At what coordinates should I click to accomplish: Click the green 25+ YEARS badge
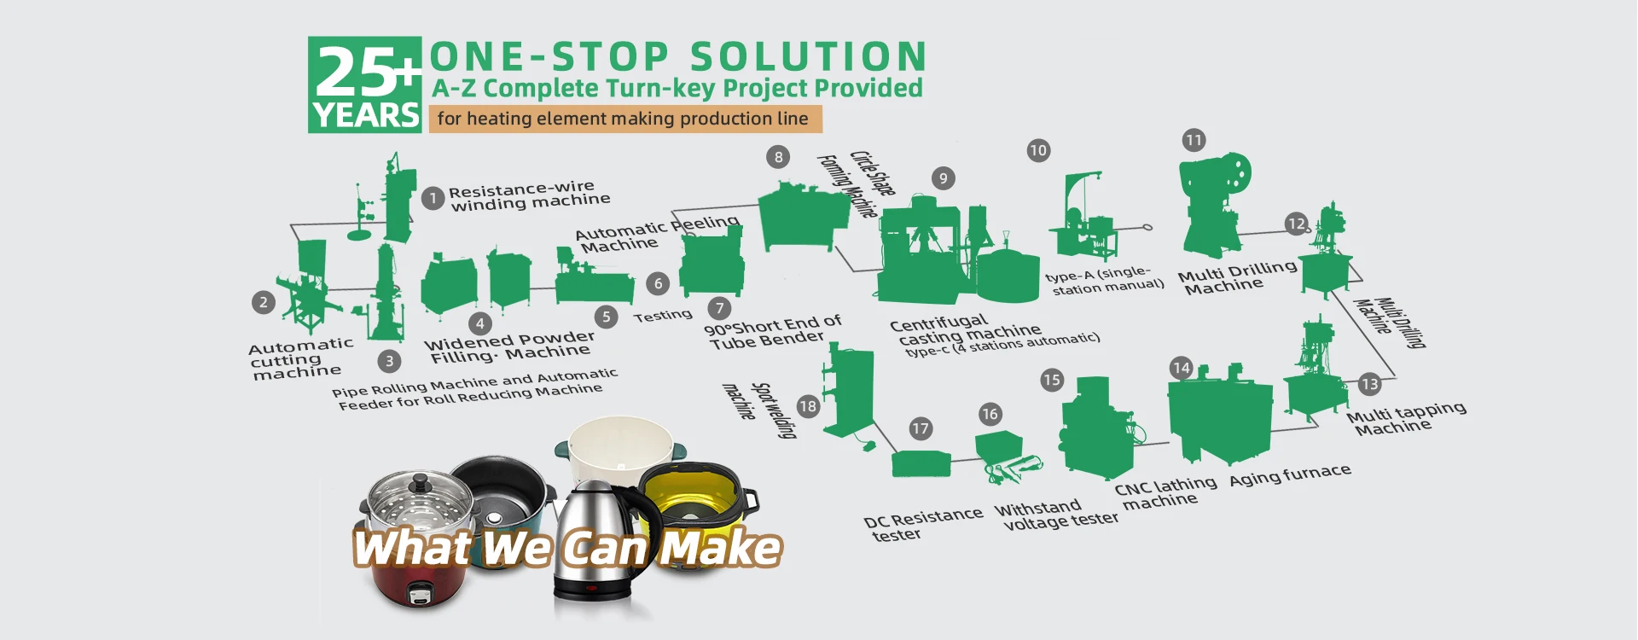click(x=364, y=84)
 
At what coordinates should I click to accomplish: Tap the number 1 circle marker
click(x=433, y=199)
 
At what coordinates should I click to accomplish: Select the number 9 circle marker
click(x=943, y=178)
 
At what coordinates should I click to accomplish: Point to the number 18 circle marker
click(x=807, y=406)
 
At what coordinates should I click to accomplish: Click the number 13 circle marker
click(x=1369, y=384)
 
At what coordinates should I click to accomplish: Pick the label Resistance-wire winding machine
click(x=529, y=195)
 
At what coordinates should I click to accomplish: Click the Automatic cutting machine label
click(x=299, y=359)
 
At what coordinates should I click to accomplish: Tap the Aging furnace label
click(x=1289, y=476)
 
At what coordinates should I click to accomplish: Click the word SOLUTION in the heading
click(x=807, y=57)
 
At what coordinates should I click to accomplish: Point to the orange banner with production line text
click(x=624, y=119)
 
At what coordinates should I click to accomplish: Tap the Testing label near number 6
click(x=663, y=316)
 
